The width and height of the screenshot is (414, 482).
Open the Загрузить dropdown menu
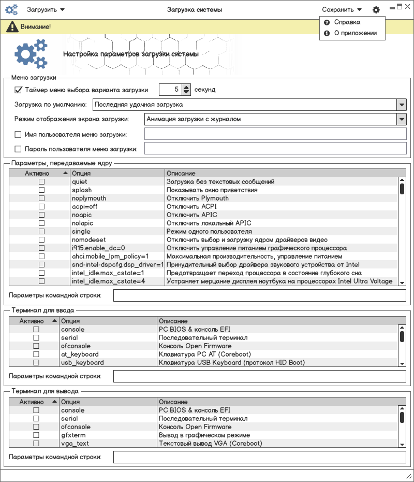(46, 10)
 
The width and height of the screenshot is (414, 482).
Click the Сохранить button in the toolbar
(341, 10)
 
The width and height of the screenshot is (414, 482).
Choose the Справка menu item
(347, 22)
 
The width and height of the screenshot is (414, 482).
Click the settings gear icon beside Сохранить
(376, 10)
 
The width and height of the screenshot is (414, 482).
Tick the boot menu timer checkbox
(19, 90)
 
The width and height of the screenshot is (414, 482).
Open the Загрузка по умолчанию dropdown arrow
(402, 104)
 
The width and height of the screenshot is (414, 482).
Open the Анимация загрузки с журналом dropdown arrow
(402, 119)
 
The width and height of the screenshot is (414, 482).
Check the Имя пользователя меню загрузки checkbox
(18, 135)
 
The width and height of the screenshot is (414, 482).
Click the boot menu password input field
(275, 149)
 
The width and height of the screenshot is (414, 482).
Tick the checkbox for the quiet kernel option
(41, 182)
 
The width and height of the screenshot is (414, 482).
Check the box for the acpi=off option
(41, 207)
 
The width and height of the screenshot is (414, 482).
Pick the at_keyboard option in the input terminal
(80, 355)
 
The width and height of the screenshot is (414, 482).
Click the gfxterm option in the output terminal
(73, 435)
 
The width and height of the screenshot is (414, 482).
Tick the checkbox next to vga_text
(36, 444)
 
